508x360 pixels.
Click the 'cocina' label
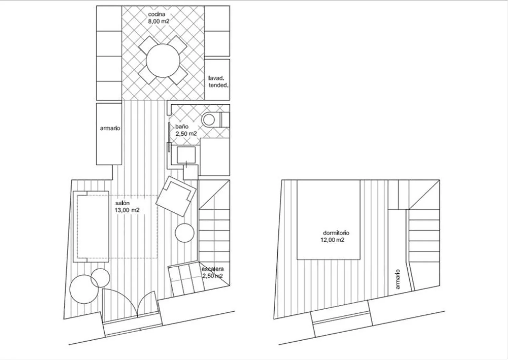click(156, 14)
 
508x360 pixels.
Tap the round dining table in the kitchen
click(163, 61)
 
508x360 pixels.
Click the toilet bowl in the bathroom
click(209, 119)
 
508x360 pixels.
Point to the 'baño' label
click(182, 127)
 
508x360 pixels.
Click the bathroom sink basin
click(186, 155)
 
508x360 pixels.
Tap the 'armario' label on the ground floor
click(110, 128)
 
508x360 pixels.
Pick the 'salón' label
click(122, 203)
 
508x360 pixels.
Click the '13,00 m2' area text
click(127, 210)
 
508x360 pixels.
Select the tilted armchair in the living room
click(176, 196)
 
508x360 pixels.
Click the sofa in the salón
click(91, 227)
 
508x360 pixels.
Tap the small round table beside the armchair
click(185, 233)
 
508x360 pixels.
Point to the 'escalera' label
click(213, 269)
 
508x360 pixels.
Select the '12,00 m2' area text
click(332, 240)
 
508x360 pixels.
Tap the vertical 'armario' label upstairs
click(398, 279)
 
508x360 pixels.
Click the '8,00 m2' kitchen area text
click(159, 22)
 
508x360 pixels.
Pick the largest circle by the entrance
click(84, 289)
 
